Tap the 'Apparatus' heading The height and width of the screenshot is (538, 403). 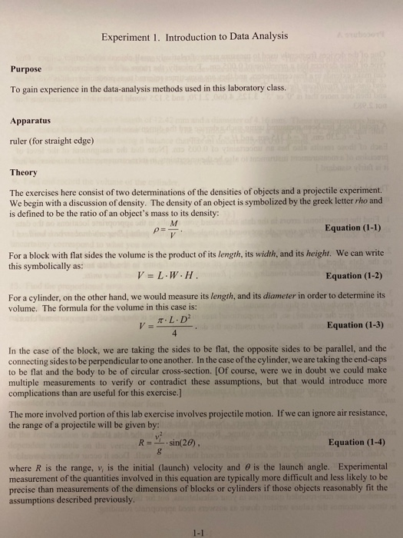pyautogui.click(x=31, y=121)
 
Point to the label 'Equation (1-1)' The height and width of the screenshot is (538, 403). pyautogui.click(x=354, y=227)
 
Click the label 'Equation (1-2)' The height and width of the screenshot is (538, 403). pyautogui.click(x=354, y=276)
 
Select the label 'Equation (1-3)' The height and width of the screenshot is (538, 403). pyautogui.click(x=354, y=325)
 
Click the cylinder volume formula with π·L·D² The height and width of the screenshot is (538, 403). pyautogui.click(x=172, y=325)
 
